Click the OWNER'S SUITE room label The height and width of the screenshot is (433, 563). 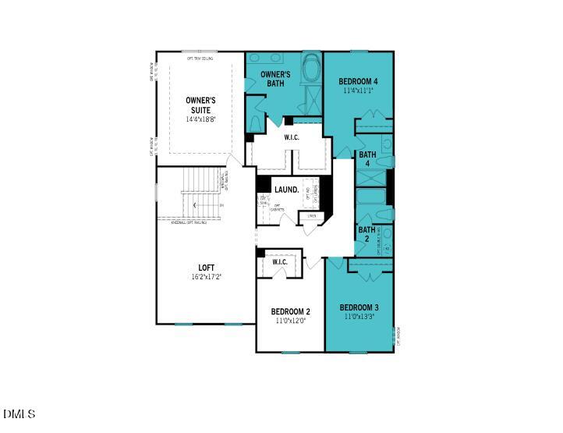tap(200, 105)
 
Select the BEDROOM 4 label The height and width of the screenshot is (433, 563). tap(359, 81)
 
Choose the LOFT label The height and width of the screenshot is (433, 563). tap(206, 268)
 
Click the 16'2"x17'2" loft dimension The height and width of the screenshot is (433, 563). tap(206, 278)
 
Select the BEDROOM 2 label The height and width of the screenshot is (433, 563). tap(290, 311)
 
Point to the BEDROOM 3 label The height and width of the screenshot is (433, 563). tap(359, 307)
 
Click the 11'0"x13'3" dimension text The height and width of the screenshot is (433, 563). tap(359, 317)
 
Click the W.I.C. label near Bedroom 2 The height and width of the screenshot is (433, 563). tap(280, 262)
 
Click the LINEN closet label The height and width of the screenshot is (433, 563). tap(312, 216)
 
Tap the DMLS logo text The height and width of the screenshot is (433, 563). tap(19, 413)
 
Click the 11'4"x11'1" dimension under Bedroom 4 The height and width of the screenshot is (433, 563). tap(359, 91)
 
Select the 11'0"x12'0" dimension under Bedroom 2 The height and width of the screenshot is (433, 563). tap(290, 321)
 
